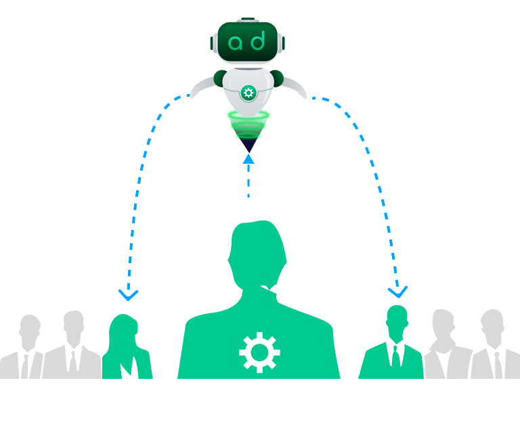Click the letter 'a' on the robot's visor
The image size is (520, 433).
(x=236, y=43)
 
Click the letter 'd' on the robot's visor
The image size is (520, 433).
(x=258, y=41)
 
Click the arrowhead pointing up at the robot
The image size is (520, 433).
(x=248, y=159)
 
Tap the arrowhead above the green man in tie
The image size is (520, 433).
(x=397, y=292)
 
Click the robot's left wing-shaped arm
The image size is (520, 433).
(x=202, y=87)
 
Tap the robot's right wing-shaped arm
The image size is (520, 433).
(x=295, y=87)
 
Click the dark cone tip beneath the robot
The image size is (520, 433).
(x=248, y=145)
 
